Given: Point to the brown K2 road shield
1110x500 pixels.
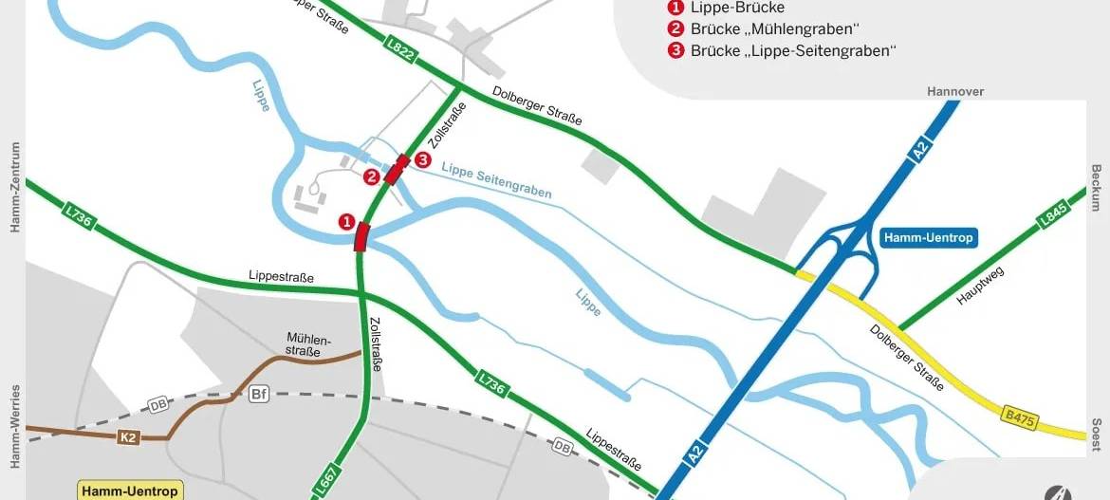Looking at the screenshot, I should pos(128,437).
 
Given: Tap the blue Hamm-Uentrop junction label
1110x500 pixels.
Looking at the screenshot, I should pos(928,237).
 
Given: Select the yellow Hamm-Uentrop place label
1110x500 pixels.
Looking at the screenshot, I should pos(129,491).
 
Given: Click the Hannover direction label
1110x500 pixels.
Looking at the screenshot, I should pos(955,91).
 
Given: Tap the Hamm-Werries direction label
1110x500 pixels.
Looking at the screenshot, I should pos(14,426).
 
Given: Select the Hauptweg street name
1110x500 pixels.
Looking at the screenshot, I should pos(980,286).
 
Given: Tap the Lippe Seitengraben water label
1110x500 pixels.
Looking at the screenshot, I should pos(495,180).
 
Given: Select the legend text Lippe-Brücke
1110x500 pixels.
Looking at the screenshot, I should pos(737,8).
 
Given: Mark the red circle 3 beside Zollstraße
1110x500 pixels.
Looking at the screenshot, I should pos(422,159).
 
